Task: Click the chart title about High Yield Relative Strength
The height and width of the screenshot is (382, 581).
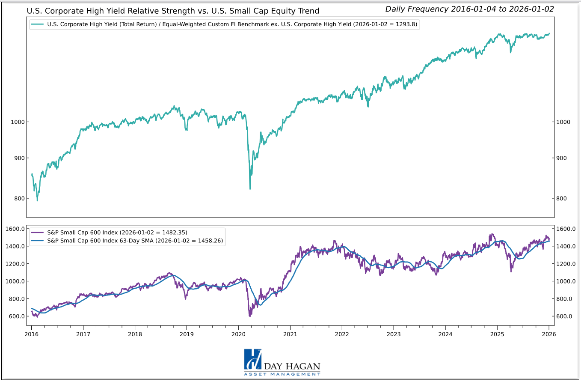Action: pos(173,11)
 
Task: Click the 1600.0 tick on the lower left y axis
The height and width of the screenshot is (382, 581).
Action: pos(15,229)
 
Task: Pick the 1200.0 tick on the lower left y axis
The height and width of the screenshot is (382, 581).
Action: pos(15,264)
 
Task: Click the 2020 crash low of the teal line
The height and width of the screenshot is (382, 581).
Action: pos(250,189)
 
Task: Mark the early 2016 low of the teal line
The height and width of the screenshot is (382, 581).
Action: pos(37,200)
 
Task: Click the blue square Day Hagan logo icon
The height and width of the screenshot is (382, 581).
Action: pos(252,359)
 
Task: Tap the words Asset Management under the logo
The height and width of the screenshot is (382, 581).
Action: pos(282,374)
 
